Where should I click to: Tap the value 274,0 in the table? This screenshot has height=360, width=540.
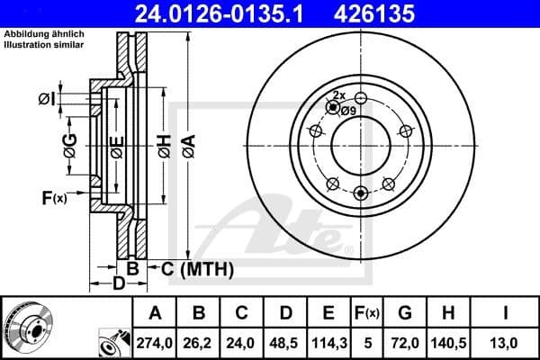coord(155,343)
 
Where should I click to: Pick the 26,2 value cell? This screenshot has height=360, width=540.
coord(199,343)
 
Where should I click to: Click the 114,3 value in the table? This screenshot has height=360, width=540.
coord(328,343)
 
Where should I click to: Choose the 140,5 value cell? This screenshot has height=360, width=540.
coord(449,343)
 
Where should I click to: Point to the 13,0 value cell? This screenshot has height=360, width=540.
coord(506,343)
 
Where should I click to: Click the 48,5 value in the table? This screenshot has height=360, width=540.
coord(285,343)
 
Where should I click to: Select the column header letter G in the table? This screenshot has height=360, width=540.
coord(405,313)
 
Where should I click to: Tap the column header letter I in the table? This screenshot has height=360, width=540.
coord(506,313)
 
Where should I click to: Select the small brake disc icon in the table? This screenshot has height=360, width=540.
coord(24,325)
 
